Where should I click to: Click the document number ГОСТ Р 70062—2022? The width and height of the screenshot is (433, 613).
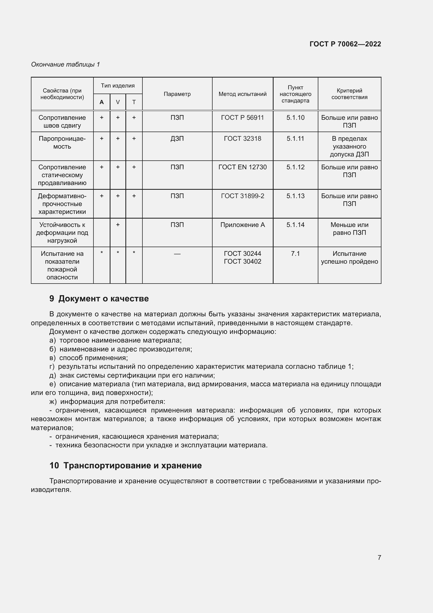(345, 44)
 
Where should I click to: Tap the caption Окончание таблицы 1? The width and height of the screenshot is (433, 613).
(65, 64)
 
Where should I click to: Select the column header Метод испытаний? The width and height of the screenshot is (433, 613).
(242, 94)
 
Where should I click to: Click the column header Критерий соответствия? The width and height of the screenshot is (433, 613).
(349, 94)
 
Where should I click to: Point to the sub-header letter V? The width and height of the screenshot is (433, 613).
(118, 102)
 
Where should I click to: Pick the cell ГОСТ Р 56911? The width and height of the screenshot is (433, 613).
(242, 118)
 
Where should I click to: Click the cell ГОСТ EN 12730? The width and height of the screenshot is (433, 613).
(242, 167)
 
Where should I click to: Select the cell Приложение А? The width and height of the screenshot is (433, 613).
(242, 225)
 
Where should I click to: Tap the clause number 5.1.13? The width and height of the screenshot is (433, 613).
(295, 196)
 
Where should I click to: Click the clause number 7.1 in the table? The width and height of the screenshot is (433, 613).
(295, 254)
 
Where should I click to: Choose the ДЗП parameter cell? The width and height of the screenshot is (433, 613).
(177, 139)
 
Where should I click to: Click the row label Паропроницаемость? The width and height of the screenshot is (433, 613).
(62, 143)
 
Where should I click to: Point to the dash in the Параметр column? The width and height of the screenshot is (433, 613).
(177, 254)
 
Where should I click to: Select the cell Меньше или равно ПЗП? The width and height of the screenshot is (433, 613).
(349, 229)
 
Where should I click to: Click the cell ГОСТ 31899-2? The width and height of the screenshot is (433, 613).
(242, 196)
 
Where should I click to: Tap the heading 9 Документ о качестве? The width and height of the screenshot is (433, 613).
(99, 299)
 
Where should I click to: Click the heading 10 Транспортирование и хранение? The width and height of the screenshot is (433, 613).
(125, 465)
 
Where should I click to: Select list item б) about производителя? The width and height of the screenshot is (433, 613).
(120, 349)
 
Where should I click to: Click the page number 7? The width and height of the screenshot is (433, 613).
(379, 557)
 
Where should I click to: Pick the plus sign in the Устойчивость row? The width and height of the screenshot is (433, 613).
(118, 225)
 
